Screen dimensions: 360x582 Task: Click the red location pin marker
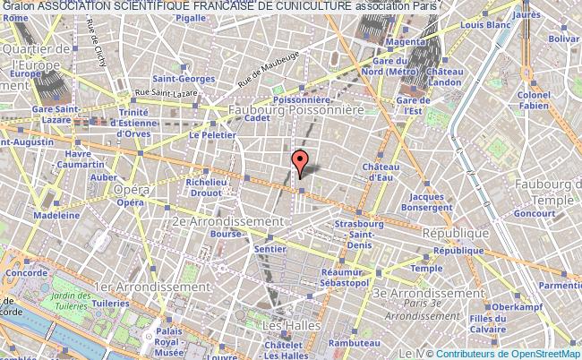pos(300,162)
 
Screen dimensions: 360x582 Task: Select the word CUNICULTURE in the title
pos(301,7)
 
